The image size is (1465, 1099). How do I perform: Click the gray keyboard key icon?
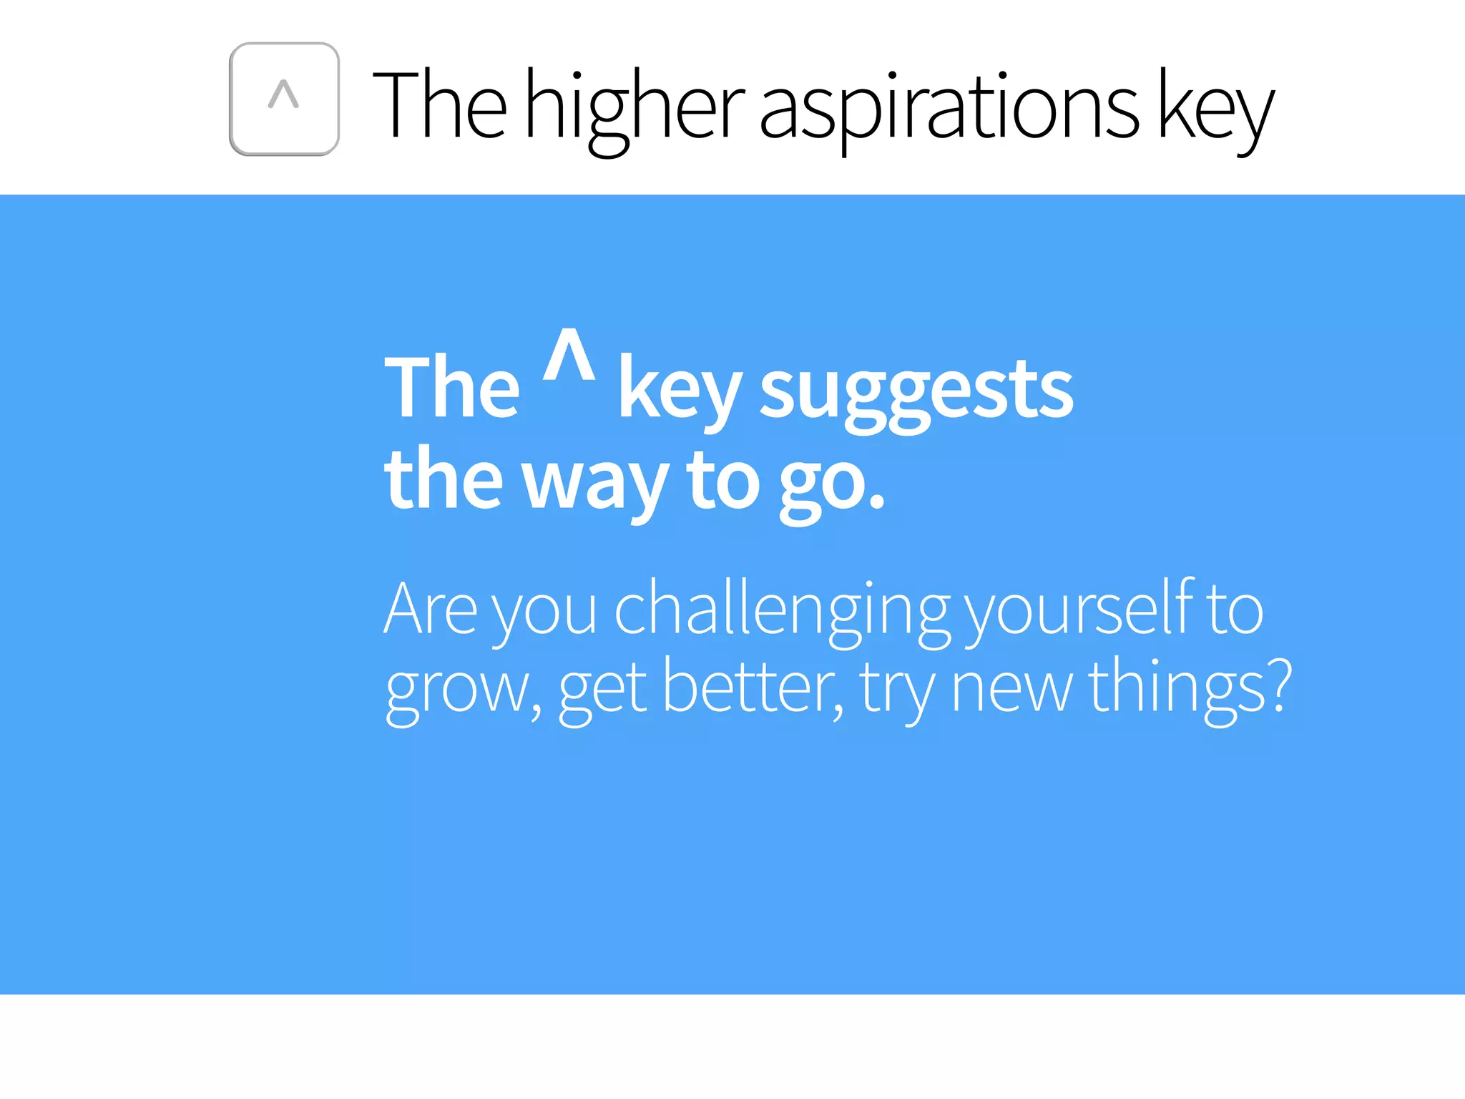point(284,99)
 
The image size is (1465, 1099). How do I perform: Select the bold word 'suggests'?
point(916,391)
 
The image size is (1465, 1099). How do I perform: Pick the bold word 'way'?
point(596,482)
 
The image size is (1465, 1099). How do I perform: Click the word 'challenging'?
point(783,610)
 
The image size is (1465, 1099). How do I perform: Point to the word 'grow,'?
point(464,689)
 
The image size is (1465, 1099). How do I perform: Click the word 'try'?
point(897,689)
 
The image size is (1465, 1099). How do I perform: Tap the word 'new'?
point(1011,688)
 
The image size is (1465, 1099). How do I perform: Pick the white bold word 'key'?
point(679,391)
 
